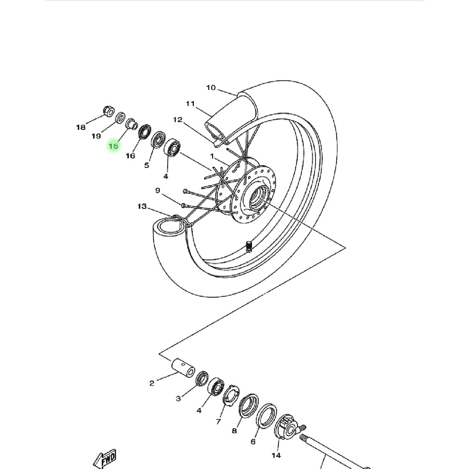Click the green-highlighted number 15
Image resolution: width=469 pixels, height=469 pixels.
click(114, 146)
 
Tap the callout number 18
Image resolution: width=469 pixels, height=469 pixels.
click(81, 127)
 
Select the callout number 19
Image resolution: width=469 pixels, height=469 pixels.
click(96, 136)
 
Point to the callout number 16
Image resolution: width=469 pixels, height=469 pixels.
click(131, 156)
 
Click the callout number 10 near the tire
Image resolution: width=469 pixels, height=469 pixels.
click(211, 87)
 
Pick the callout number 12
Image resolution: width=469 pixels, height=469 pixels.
click(178, 120)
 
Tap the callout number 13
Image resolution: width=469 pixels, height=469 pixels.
click(142, 207)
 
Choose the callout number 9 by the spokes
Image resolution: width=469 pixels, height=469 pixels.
click(158, 191)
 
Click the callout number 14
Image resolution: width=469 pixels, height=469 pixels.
click(276, 456)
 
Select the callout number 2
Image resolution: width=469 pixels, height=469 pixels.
click(152, 383)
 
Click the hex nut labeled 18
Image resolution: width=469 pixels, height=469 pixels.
click(109, 111)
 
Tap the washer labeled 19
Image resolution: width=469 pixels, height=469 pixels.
click(120, 118)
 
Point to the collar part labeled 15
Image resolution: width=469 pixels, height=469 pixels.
click(131, 124)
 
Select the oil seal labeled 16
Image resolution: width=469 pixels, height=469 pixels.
click(145, 132)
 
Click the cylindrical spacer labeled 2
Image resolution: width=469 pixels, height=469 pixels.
click(183, 368)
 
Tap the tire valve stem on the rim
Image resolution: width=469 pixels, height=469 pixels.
click(249, 246)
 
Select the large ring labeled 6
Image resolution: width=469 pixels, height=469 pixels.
click(266, 416)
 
